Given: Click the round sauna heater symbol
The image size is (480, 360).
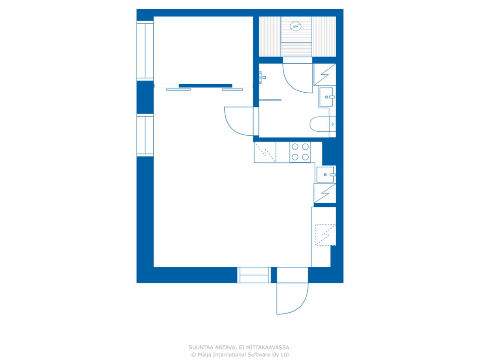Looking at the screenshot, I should (x=295, y=26).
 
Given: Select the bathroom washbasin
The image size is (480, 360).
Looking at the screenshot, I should (x=327, y=97).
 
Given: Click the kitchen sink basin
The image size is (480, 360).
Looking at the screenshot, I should (x=325, y=174).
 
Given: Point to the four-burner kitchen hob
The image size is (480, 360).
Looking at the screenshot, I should (x=300, y=152).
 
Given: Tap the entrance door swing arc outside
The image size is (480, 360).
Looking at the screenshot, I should (x=292, y=298).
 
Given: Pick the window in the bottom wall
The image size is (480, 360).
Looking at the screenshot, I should (x=254, y=275).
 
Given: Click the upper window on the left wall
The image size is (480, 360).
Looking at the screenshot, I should (x=145, y=51).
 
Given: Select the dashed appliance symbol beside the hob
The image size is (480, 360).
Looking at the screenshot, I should (x=265, y=152).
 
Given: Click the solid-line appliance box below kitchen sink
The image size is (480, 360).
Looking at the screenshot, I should (x=325, y=193).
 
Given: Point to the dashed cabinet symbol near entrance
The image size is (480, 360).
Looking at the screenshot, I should (x=325, y=235).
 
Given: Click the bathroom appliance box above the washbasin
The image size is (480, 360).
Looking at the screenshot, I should (x=325, y=75).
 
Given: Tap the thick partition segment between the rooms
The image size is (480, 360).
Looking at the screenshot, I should (x=205, y=86).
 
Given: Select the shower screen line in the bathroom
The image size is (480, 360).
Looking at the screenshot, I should (x=270, y=100).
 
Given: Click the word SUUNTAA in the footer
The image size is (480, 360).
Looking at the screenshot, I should (x=201, y=348).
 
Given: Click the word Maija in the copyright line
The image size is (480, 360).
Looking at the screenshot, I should (x=205, y=354).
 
